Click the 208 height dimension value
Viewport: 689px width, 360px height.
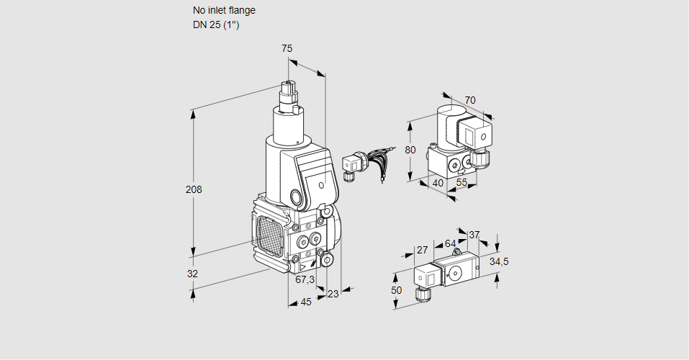click(x=194, y=190)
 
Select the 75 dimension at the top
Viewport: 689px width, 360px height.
click(x=287, y=48)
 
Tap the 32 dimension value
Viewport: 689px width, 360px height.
click(x=192, y=274)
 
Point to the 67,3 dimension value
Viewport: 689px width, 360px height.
click(x=305, y=279)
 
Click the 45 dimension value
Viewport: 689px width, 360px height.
click(x=306, y=302)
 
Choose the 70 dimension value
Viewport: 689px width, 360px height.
click(x=470, y=100)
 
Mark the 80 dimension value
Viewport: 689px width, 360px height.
click(x=410, y=150)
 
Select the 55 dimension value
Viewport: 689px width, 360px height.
click(x=461, y=183)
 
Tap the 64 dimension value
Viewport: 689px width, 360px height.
click(x=450, y=243)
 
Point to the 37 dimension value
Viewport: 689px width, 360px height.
click(x=474, y=235)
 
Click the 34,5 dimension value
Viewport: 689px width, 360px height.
click(x=499, y=261)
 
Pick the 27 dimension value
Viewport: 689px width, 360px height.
click(x=423, y=250)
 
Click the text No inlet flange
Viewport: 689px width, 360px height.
click(x=224, y=11)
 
